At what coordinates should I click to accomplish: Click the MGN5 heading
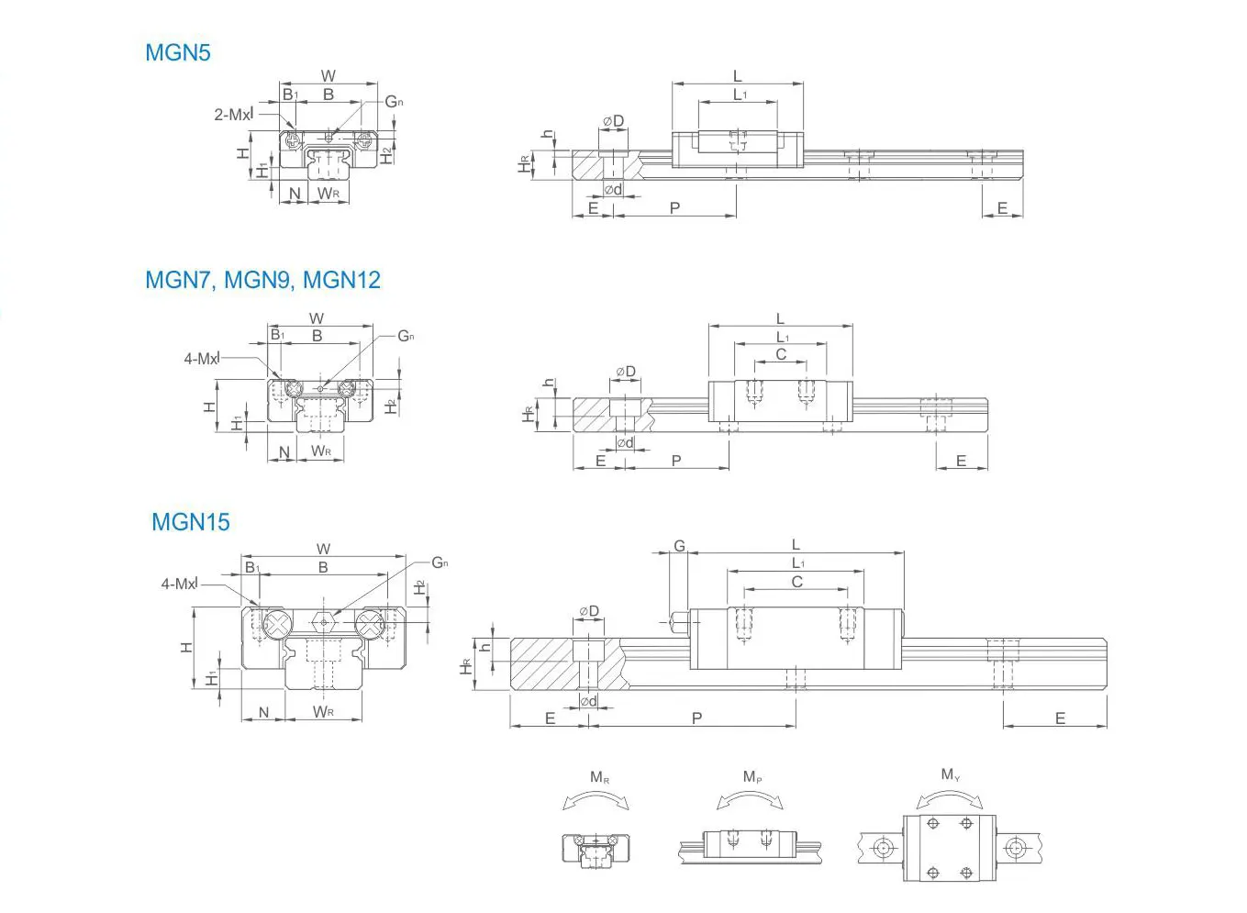(x=178, y=52)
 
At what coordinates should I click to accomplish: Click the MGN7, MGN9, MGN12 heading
(x=262, y=280)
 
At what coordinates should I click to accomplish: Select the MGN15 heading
(x=191, y=522)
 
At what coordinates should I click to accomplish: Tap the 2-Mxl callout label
(x=233, y=115)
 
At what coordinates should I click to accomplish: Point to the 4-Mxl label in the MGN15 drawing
(x=179, y=584)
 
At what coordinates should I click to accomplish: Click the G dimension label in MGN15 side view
(x=679, y=546)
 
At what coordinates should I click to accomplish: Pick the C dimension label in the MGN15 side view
(x=796, y=582)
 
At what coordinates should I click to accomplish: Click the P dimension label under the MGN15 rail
(x=696, y=718)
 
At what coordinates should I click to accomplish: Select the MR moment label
(x=599, y=778)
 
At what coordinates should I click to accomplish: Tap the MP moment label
(x=752, y=777)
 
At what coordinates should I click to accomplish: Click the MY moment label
(x=951, y=775)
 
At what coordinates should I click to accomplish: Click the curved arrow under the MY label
(x=950, y=797)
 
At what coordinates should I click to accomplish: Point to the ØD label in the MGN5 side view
(x=613, y=121)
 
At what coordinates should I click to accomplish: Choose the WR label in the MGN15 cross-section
(x=323, y=712)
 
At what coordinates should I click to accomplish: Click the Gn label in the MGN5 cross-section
(x=394, y=101)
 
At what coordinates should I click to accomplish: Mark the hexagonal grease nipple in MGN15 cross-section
(x=324, y=622)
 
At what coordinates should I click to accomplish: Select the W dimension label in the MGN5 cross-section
(x=328, y=76)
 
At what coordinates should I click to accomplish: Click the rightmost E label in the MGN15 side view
(x=1060, y=718)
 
